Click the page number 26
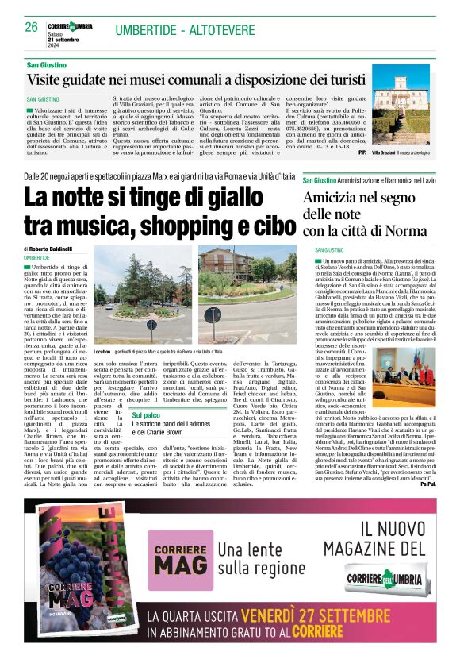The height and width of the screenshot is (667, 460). coord(31,27)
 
